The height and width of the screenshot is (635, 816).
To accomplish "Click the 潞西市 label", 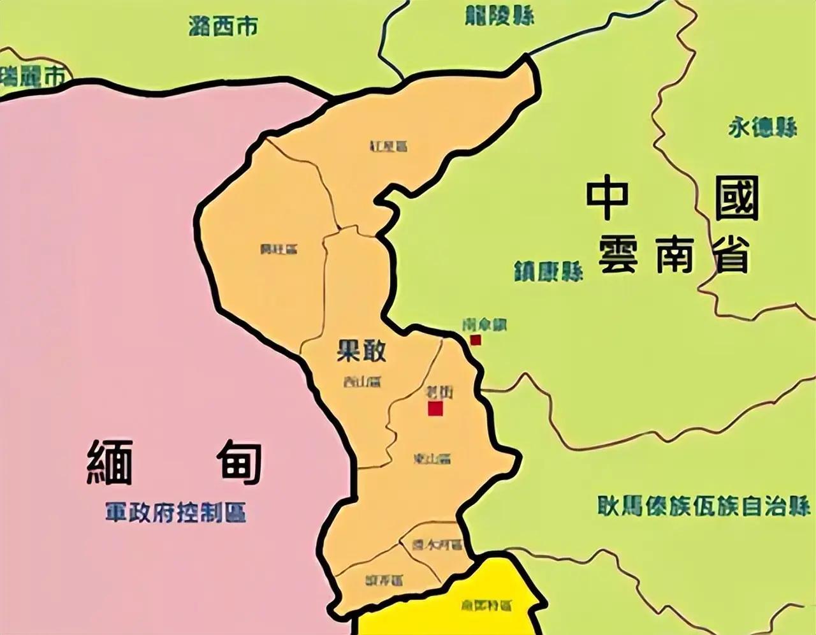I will tap(224, 26).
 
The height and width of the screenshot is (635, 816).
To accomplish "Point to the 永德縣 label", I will tap(762, 128).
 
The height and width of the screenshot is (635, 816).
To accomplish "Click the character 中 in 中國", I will tap(608, 200).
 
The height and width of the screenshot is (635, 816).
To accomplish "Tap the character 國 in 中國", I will tap(737, 200).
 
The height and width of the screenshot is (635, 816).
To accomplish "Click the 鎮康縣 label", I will tap(549, 272).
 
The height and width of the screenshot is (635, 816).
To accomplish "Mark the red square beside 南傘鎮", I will tap(476, 340).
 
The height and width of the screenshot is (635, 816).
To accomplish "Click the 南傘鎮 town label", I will tap(484, 325).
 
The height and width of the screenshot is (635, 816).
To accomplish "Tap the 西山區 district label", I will tap(361, 382).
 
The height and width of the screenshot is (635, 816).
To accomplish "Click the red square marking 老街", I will tap(435, 409).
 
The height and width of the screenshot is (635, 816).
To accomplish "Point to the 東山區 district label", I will tap(432, 458).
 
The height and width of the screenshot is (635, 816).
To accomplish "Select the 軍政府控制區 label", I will tap(176, 512).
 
